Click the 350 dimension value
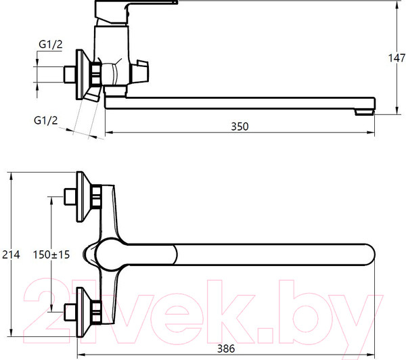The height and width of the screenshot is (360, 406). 240,127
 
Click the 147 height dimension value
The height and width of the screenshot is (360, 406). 397,58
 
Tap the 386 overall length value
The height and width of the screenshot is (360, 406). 226,348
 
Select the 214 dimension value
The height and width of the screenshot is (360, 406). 11,254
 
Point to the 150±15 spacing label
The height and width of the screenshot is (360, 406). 51,254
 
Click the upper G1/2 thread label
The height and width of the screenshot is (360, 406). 51,45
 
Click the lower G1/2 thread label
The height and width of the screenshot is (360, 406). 45,120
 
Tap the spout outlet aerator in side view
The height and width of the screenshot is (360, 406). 364,112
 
